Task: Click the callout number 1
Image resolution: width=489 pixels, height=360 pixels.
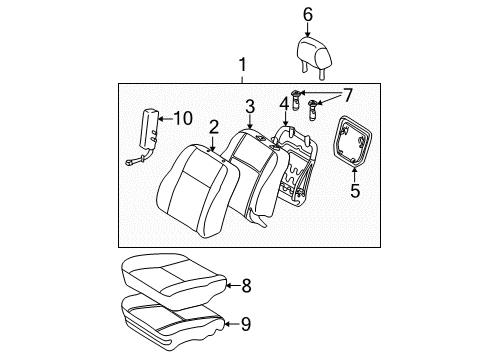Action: [240, 67]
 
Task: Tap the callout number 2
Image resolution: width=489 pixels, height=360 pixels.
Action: [214, 127]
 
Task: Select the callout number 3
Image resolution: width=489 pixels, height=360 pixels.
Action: [251, 106]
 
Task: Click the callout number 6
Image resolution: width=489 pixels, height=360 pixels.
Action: [308, 14]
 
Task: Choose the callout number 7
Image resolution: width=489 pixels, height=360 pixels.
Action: [347, 95]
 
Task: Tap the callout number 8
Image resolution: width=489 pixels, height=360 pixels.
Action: [247, 286]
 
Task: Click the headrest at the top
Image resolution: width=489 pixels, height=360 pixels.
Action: [310, 49]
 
